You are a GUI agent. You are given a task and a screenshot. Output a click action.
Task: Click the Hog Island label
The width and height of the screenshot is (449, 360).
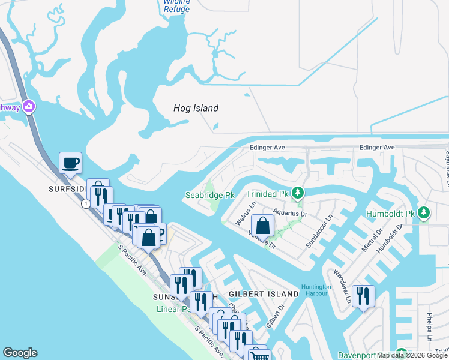pyautogui.click(x=196, y=109)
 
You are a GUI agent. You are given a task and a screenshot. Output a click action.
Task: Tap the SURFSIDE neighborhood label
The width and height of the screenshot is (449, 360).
pyautogui.click(x=68, y=188)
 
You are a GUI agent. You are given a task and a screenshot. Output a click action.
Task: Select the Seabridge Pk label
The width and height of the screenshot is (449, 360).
pyautogui.click(x=209, y=196)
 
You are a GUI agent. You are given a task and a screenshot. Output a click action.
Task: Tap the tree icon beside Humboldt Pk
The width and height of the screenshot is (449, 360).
pyautogui.click(x=424, y=213)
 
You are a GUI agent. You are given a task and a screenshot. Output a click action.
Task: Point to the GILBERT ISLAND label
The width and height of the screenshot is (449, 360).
pyautogui.click(x=264, y=294)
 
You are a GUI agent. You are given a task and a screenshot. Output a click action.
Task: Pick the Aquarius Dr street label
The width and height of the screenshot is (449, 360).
pyautogui.click(x=289, y=213)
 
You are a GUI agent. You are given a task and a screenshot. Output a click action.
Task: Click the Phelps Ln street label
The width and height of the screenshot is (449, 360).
pyautogui.click(x=430, y=328)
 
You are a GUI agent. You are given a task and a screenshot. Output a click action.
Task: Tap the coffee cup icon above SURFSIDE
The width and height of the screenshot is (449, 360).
pyautogui.click(x=70, y=163)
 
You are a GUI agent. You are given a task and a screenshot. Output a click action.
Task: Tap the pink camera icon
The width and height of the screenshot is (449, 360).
pyautogui.click(x=28, y=107)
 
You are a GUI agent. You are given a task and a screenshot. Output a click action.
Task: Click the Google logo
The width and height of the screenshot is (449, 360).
pyautogui.click(x=20, y=353)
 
